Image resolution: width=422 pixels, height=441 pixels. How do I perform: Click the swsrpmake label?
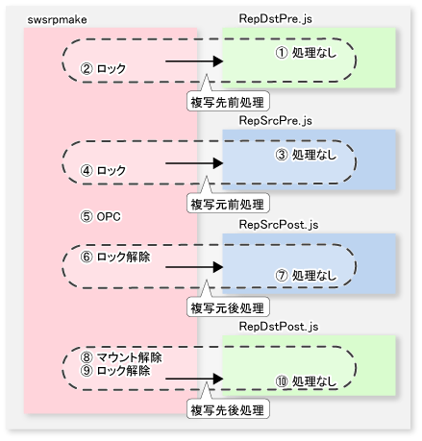point(57,20)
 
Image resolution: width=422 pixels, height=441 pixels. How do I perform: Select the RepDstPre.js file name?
point(275,18)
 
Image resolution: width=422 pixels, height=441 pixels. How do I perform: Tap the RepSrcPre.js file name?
point(275,121)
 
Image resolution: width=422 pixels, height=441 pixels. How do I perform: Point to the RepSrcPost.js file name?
point(279,225)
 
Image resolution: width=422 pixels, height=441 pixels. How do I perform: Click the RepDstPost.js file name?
point(279,327)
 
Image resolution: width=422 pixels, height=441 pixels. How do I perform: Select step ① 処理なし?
point(306,53)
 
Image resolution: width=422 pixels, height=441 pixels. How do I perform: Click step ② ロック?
point(103,68)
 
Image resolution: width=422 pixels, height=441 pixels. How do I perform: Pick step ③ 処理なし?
point(306,155)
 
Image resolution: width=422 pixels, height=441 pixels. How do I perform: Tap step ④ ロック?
point(103,170)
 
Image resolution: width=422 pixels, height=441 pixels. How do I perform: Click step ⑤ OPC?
point(100,217)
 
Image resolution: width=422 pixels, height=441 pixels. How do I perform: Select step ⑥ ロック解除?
point(115,257)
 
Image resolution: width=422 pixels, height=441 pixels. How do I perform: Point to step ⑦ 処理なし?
point(306,276)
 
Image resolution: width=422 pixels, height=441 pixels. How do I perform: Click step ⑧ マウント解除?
point(121,357)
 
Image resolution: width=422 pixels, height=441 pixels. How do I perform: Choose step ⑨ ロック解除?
point(115,371)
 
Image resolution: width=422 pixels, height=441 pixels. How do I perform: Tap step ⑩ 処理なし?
point(306,381)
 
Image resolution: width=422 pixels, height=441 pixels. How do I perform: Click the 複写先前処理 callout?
point(228,103)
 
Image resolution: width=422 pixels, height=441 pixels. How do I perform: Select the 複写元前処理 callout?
point(228,205)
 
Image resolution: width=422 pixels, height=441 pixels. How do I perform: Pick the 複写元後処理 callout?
point(228,308)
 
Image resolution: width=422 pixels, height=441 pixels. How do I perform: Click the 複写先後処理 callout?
point(228,410)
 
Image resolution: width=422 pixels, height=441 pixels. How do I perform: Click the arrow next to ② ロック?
point(194,61)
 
